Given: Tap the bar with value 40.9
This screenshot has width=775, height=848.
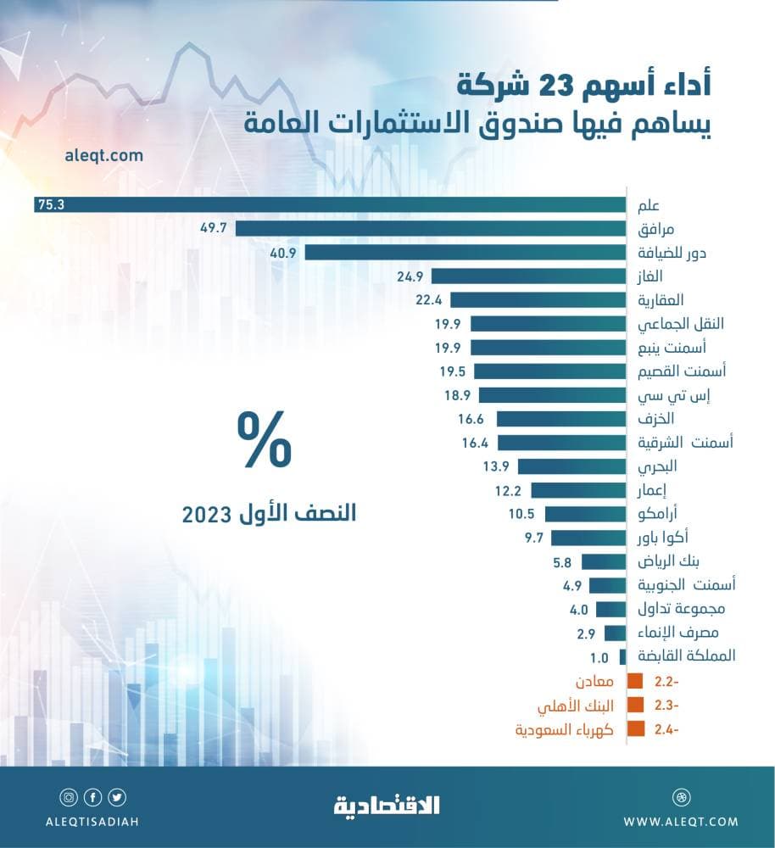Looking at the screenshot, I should (465, 252).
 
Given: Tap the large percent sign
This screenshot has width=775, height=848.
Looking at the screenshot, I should (264, 440).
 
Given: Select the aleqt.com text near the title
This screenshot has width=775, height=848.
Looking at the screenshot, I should (103, 156).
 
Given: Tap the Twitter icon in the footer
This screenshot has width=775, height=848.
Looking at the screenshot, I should (117, 797).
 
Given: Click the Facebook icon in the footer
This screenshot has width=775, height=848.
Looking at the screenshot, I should (92, 797).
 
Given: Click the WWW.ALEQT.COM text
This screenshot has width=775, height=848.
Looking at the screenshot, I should (681, 821).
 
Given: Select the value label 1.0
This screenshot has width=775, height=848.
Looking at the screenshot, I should (599, 656).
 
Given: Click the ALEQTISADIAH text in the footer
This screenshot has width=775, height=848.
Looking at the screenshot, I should (93, 821).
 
